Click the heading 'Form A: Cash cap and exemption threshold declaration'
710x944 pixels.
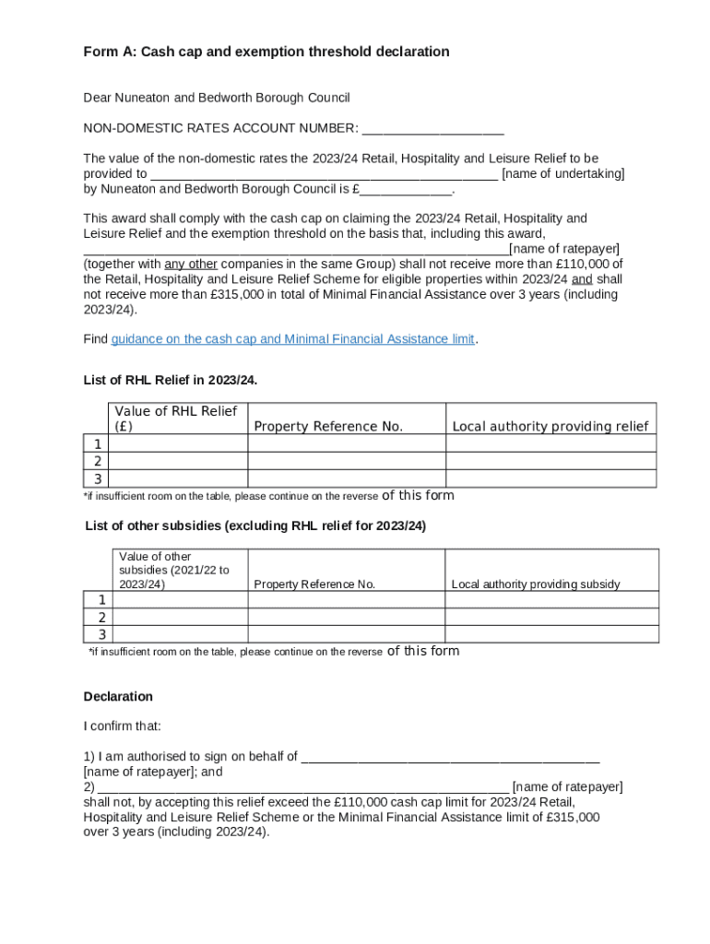point(266,52)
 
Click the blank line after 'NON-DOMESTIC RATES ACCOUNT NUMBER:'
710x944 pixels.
point(432,128)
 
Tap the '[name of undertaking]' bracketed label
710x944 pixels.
point(562,173)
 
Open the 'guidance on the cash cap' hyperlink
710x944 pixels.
point(292,339)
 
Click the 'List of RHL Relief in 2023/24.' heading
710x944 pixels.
point(171,380)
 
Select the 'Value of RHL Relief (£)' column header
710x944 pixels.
point(177,419)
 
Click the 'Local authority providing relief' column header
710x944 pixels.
point(550,426)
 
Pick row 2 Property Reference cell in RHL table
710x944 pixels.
point(347,461)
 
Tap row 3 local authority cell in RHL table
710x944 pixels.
point(550,478)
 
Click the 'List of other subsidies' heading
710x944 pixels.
point(255,526)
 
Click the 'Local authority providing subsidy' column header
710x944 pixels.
point(536,584)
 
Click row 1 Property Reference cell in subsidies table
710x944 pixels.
point(347,600)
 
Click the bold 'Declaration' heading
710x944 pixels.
point(118,696)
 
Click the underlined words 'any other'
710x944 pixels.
point(191,264)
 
